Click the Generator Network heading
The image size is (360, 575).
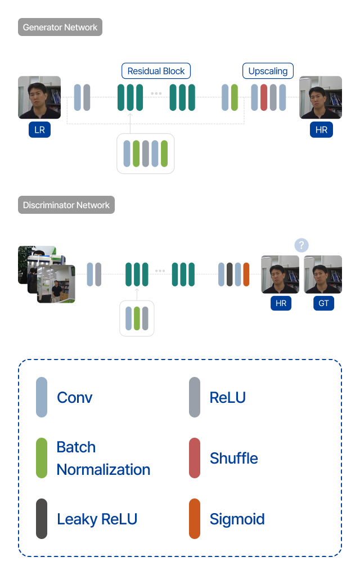point(60,27)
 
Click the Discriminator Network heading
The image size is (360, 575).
point(66,205)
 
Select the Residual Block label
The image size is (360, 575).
point(156,71)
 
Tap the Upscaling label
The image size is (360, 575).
point(268,71)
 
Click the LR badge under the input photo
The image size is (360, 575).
point(39,129)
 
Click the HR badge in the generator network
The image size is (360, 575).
point(322,129)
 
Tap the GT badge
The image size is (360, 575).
point(323,303)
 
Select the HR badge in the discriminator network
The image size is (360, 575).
point(281,303)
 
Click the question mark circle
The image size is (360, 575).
point(301,245)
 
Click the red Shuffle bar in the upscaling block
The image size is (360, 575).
point(264,97)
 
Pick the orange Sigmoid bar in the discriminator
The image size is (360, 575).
point(246,275)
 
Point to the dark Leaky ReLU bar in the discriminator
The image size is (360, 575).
point(230,275)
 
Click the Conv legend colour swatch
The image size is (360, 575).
point(42,397)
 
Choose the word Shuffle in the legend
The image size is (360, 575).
point(234,458)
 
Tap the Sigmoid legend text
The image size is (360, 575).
point(237,519)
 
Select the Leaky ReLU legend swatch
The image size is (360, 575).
point(42,519)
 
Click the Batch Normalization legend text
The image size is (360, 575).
point(103,459)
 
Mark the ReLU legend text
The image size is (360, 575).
point(228,398)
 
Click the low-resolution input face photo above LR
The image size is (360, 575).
point(39,97)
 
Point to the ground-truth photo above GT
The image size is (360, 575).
point(323,275)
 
